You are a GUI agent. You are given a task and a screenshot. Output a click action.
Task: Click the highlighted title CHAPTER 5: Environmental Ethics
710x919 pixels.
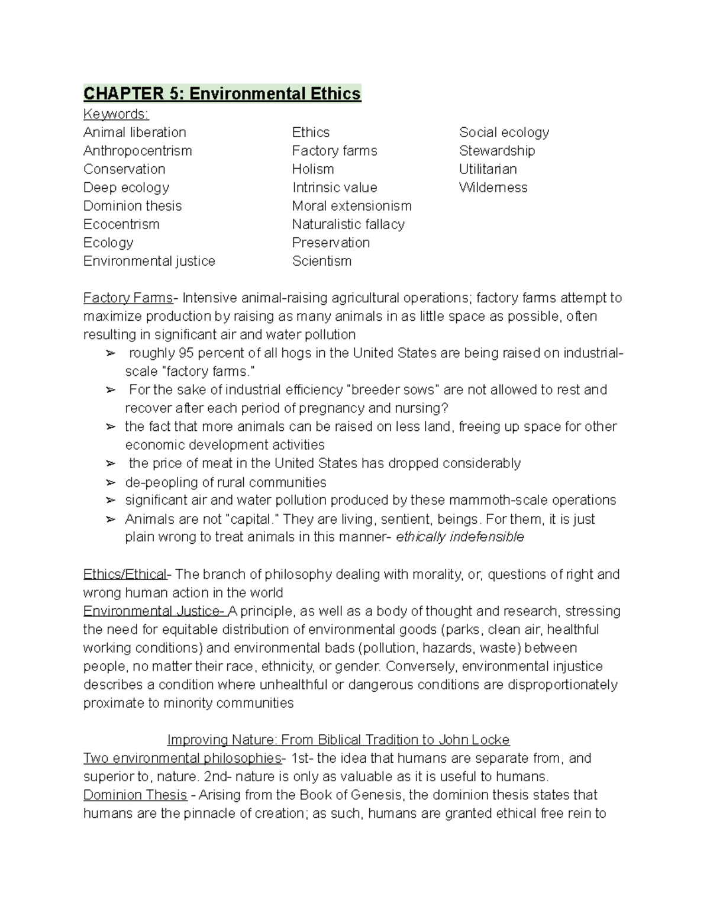pyautogui.click(x=222, y=94)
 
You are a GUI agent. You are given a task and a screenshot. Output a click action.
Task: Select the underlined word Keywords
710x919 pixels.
pyautogui.click(x=116, y=114)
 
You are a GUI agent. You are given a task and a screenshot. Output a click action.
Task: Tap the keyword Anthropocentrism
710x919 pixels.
pyautogui.click(x=137, y=150)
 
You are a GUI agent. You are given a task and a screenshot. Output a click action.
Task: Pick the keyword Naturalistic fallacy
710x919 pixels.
pyautogui.click(x=348, y=224)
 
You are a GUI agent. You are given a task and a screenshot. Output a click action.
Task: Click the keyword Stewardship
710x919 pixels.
pyautogui.click(x=496, y=150)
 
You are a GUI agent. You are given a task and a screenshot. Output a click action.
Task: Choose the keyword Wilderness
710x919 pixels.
pyautogui.click(x=493, y=188)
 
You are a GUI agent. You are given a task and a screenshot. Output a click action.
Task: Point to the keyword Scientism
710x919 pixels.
pyautogui.click(x=321, y=261)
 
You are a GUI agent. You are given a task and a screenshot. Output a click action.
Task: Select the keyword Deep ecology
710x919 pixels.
pyautogui.click(x=126, y=188)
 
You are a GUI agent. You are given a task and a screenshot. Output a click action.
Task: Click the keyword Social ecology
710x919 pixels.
pyautogui.click(x=504, y=132)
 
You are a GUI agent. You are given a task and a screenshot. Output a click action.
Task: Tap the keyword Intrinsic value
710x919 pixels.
pyautogui.click(x=334, y=188)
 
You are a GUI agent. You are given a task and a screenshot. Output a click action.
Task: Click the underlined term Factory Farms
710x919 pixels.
pyautogui.click(x=128, y=298)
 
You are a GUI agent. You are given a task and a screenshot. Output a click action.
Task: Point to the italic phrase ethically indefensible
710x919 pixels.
pyautogui.click(x=460, y=537)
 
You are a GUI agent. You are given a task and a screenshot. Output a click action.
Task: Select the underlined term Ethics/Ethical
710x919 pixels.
pyautogui.click(x=125, y=574)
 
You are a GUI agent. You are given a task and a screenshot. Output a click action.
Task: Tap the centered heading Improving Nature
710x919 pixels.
pyautogui.click(x=338, y=740)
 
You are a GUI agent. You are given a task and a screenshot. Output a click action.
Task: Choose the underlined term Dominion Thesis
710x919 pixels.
pyautogui.click(x=135, y=795)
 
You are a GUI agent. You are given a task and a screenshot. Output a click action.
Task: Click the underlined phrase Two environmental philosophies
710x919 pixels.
pyautogui.click(x=182, y=758)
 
